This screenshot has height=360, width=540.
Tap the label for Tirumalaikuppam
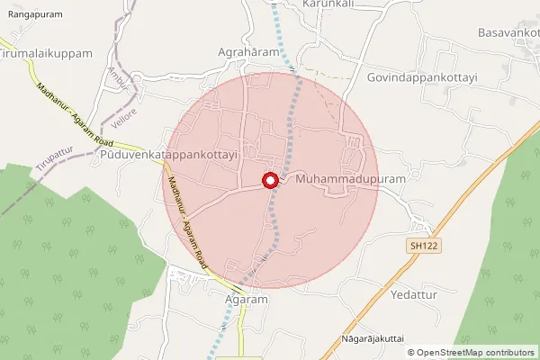coord(47,54)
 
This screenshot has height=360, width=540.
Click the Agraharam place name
coord(249,52)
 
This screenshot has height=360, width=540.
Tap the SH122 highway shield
coord(416,244)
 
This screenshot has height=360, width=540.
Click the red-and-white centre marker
coord(269,180)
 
